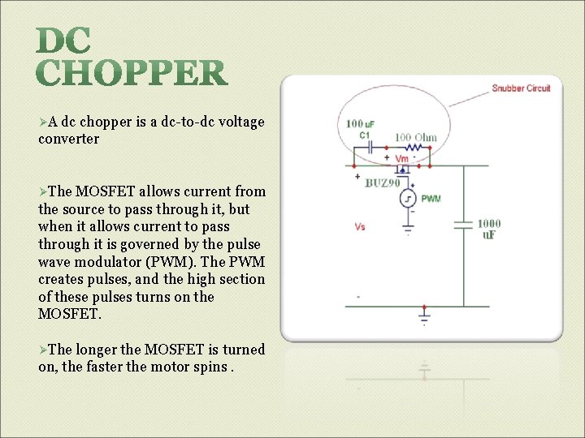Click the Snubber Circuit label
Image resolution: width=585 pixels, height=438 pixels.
(521, 88)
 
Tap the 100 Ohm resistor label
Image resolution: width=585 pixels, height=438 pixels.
(415, 137)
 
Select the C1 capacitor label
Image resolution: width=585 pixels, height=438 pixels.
(365, 135)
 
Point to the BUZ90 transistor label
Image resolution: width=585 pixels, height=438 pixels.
(381, 182)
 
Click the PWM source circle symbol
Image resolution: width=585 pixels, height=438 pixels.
(409, 199)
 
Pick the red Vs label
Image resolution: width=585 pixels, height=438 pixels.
(360, 227)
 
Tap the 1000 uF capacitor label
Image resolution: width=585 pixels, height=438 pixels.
(488, 229)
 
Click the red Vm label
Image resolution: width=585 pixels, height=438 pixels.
(401, 159)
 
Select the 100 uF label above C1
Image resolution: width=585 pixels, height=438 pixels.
(360, 124)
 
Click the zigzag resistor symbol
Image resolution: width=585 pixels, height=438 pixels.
(414, 148)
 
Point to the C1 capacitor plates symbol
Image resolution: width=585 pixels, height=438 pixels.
(370, 148)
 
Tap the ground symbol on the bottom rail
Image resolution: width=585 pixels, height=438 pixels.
(423, 315)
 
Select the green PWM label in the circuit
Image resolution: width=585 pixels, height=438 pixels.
(431, 199)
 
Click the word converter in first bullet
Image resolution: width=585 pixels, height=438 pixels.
(68, 139)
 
